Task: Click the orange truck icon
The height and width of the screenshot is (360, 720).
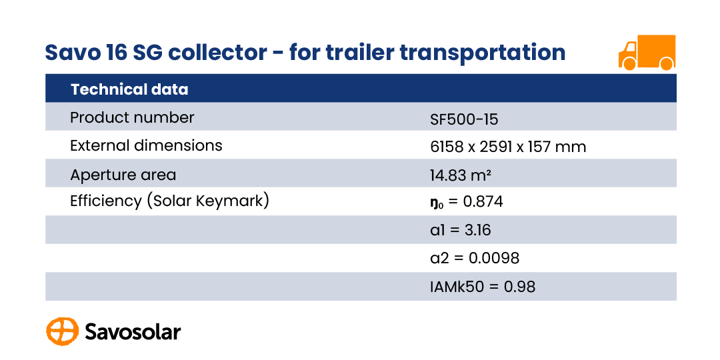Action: pyautogui.click(x=647, y=53)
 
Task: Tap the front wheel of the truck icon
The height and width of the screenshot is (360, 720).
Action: pyautogui.click(x=629, y=64)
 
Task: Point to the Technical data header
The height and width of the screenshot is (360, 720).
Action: pyautogui.click(x=129, y=89)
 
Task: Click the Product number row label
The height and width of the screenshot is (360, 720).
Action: pyautogui.click(x=132, y=117)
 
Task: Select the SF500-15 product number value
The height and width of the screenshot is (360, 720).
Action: pyautogui.click(x=464, y=120)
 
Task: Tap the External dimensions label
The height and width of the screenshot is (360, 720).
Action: pyautogui.click(x=146, y=145)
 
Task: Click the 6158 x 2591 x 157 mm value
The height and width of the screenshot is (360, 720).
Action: pyautogui.click(x=508, y=147)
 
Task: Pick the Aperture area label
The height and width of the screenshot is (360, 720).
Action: pyautogui.click(x=123, y=175)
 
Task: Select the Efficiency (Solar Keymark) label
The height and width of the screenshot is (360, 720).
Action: pyautogui.click(x=169, y=201)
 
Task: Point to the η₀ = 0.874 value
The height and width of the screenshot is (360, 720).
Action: pyautogui.click(x=467, y=202)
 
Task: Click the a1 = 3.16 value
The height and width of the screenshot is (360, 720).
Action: pyautogui.click(x=461, y=230)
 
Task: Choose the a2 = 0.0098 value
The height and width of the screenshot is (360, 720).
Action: pyautogui.click(x=475, y=258)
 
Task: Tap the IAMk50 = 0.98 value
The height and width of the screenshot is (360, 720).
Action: pyautogui.click(x=483, y=287)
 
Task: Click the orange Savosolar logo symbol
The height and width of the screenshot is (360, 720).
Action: pyautogui.click(x=63, y=331)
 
